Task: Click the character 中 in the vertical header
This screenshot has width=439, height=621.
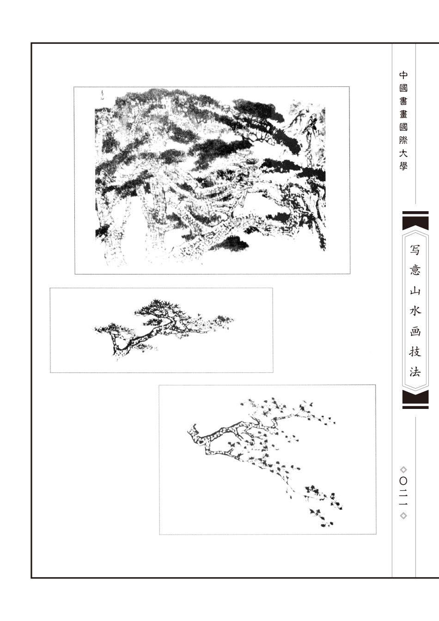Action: [403, 75]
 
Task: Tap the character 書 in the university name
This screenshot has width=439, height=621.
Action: [403, 102]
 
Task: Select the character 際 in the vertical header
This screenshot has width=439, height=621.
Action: [403, 140]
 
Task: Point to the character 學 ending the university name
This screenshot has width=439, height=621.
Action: [403, 166]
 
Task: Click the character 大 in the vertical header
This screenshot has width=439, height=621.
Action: [403, 153]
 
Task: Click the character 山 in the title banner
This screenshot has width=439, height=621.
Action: [415, 291]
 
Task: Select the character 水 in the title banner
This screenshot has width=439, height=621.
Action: [415, 310]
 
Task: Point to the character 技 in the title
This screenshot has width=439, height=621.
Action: [415, 351]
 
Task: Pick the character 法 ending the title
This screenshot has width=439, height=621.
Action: [415, 371]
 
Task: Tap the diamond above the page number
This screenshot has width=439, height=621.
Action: [403, 469]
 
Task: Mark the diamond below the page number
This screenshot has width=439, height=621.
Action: [403, 516]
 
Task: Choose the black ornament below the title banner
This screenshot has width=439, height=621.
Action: [415, 400]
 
